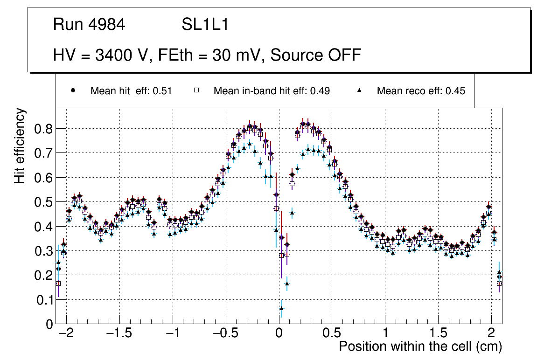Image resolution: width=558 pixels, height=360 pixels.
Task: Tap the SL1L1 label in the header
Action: click(x=205, y=25)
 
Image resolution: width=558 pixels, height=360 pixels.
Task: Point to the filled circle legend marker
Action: click(x=73, y=91)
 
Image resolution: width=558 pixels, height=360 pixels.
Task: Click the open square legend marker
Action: click(x=197, y=91)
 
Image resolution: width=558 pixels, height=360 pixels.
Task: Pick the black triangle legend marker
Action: click(x=360, y=91)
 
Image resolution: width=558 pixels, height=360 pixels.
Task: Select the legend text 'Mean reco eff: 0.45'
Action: click(x=421, y=91)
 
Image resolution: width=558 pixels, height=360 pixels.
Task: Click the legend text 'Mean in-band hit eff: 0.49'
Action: click(x=272, y=91)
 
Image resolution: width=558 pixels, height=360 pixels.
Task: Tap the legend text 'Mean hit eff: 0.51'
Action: click(x=131, y=91)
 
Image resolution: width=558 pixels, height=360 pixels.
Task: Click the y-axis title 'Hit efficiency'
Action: click(x=20, y=145)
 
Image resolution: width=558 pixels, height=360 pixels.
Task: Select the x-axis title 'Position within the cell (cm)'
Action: click(x=420, y=346)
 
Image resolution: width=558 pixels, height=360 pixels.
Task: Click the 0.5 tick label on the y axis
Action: click(x=43, y=202)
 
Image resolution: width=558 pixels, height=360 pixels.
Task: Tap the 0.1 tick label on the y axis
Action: click(x=43, y=300)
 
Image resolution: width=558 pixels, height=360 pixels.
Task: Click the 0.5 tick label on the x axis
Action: click(x=332, y=334)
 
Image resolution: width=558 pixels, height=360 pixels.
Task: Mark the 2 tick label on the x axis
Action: click(x=491, y=334)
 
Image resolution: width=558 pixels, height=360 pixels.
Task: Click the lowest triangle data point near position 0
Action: click(x=281, y=308)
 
